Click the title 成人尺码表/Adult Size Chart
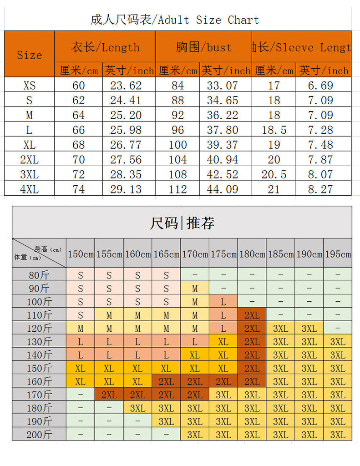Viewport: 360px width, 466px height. [x=175, y=20]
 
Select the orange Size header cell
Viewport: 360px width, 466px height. [x=29, y=55]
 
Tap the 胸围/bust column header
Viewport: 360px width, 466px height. [x=203, y=47]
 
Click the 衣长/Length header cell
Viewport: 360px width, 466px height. [x=105, y=47]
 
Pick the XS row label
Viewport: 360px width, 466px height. [x=29, y=85]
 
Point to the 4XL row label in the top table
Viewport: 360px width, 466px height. [x=29, y=189]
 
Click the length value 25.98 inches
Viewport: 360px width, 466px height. [x=126, y=130]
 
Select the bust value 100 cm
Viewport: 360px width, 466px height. [x=177, y=145]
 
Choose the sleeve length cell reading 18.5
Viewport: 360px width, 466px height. [x=274, y=130]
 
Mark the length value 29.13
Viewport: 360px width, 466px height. [x=126, y=189]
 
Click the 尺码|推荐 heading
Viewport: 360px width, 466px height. [x=182, y=223]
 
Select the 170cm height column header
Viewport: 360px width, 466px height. [x=195, y=254]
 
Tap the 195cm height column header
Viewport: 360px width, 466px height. [x=338, y=254]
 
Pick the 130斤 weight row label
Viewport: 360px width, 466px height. [x=39, y=341]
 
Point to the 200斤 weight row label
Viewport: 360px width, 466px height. [x=39, y=435]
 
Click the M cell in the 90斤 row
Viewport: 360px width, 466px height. [x=195, y=289]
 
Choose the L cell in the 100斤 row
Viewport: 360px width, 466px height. [x=223, y=302]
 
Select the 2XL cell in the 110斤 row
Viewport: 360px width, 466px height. [x=252, y=315]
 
